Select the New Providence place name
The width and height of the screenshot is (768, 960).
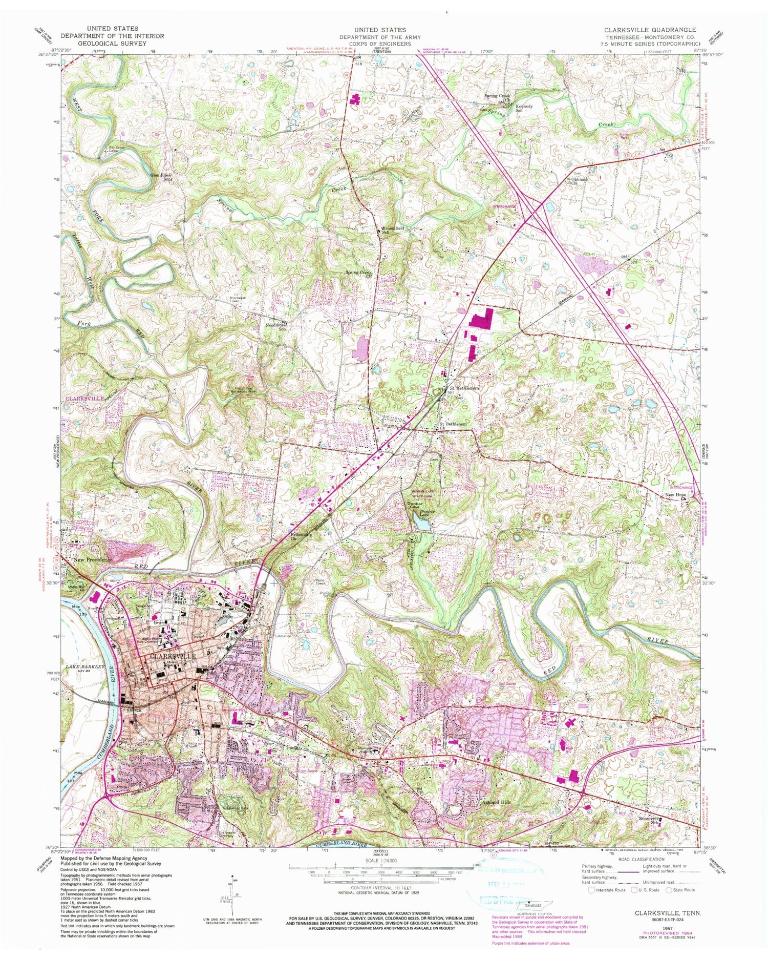[92, 560]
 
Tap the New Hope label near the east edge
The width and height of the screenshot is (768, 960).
[676, 496]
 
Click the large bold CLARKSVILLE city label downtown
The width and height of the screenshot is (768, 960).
[173, 656]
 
